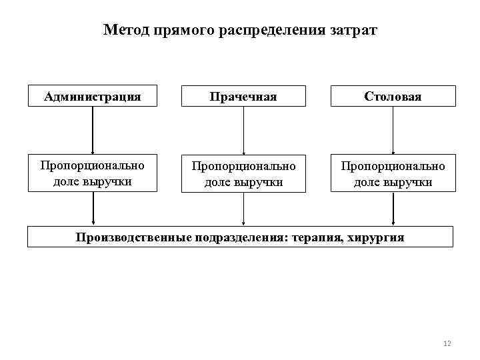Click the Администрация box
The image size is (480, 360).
pyautogui.click(x=93, y=96)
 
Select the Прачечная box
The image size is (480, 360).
pyautogui.click(x=243, y=96)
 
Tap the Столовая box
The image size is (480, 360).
pyautogui.click(x=393, y=96)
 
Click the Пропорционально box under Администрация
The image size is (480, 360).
pyautogui.click(x=93, y=173)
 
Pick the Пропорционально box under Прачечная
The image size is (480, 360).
pyautogui.click(x=243, y=173)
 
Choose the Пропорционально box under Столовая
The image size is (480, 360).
pyautogui.click(x=393, y=173)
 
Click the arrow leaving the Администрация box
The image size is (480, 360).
pyautogui.click(x=93, y=130)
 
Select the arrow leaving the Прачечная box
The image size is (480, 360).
pyautogui.click(x=243, y=130)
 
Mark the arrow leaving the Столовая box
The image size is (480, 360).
pyautogui.click(x=393, y=130)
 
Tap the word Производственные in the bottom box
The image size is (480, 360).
pyautogui.click(x=134, y=237)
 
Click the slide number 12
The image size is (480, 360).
pyautogui.click(x=447, y=343)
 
